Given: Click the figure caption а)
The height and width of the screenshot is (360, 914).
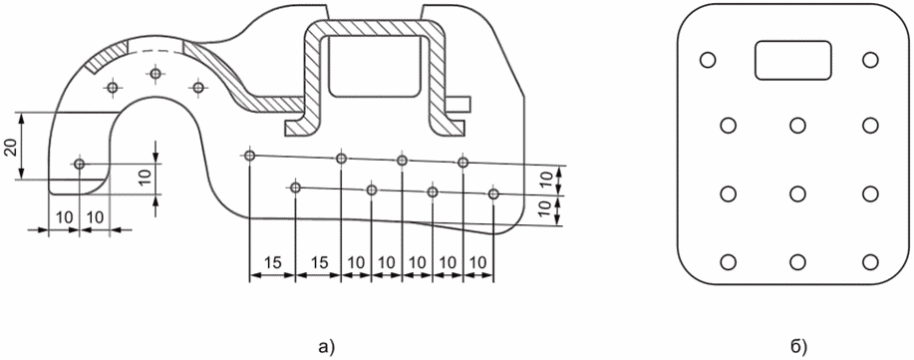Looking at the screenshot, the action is pos(327,348).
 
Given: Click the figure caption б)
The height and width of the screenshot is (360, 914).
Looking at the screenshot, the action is pos(798,348).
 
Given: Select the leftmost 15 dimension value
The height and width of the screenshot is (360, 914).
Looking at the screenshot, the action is pos(272,262).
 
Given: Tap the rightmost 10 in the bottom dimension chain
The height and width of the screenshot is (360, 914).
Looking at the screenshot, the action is pos(478,262).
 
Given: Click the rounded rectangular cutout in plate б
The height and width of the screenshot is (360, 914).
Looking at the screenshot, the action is pos(793,60).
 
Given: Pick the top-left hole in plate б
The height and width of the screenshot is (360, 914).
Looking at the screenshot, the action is pos(707,60).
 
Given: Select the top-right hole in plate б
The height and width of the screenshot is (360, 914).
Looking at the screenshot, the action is pos(870,60).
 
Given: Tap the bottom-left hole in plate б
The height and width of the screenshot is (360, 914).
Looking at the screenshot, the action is pos(728,262).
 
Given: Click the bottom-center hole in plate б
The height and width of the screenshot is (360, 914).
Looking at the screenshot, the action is pos(798,262).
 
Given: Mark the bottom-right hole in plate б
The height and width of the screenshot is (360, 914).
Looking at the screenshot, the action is pos(870,262).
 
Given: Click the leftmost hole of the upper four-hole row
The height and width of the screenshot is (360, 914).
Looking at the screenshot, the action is pos(250,156).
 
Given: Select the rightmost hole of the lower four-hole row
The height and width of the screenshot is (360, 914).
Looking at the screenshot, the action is pos(494,193).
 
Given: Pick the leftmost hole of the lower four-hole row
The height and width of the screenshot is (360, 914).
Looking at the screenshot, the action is pos(296,187).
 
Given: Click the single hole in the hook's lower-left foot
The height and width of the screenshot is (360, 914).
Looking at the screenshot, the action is pos(80,165).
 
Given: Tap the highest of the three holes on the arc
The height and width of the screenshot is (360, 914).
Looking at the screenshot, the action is pos(155,74).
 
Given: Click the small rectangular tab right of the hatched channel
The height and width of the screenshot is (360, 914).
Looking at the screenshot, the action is pos(458,103).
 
